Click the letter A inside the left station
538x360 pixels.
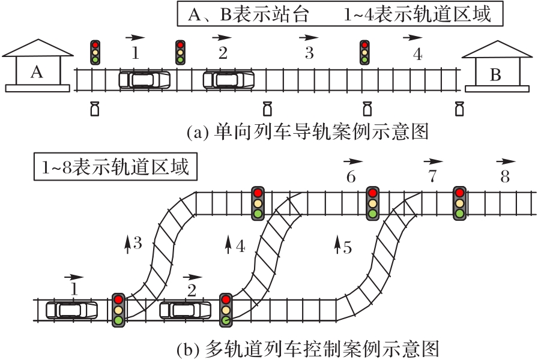pos(37,72)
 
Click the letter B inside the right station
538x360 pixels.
pos(495,74)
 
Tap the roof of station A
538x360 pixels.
pos(38,48)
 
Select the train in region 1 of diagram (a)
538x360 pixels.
pos(145,80)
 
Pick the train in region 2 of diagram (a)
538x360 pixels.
pos(229,80)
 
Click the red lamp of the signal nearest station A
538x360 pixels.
pos(95,45)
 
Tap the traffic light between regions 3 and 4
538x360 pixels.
pos(364,52)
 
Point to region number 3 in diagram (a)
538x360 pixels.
pos(309,53)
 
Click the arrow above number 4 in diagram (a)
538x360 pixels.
pos(413,38)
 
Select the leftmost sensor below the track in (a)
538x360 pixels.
pos(95,109)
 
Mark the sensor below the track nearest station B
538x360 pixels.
pos(459,109)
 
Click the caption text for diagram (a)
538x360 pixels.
pos(308,131)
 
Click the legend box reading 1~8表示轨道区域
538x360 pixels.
pos(116,167)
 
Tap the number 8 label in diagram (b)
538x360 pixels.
pos(505,177)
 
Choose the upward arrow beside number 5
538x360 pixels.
pos(337,244)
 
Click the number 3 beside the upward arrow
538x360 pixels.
pos(138,243)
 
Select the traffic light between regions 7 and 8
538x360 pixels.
pos(460,203)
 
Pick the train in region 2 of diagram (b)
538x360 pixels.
pos(186,310)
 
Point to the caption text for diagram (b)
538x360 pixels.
pos(308,350)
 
